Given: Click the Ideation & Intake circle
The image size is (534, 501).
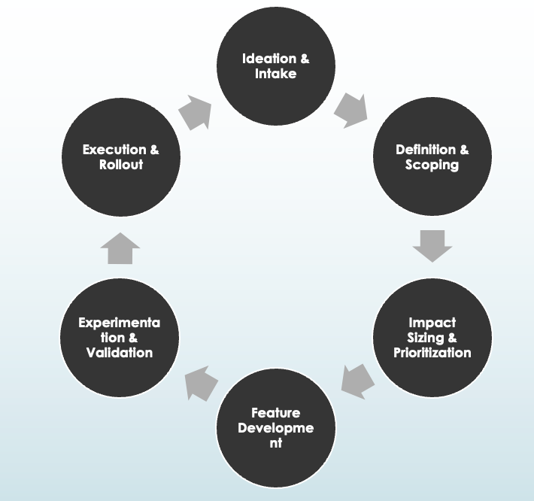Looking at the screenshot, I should click(275, 66).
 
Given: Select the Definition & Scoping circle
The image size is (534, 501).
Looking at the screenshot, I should click(432, 157).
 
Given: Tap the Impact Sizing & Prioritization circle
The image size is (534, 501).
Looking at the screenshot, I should click(432, 337).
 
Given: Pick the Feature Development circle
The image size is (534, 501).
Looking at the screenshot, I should click(275, 428).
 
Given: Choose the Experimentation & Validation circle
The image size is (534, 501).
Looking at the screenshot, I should click(119, 337).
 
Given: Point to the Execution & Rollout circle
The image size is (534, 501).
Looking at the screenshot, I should click(120, 157).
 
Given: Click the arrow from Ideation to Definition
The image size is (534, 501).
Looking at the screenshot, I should click(350, 110).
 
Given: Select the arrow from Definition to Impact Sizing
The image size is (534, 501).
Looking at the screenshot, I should click(432, 245).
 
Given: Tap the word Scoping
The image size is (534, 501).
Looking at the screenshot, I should click(432, 165).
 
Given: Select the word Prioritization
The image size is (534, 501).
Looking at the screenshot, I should click(432, 352).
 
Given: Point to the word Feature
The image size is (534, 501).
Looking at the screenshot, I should click(275, 413).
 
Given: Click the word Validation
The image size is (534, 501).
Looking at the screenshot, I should click(119, 352).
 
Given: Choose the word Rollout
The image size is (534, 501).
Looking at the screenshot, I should click(120, 165).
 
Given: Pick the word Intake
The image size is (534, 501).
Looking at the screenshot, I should click(275, 74).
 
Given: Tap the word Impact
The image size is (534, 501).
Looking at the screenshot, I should click(432, 323).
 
